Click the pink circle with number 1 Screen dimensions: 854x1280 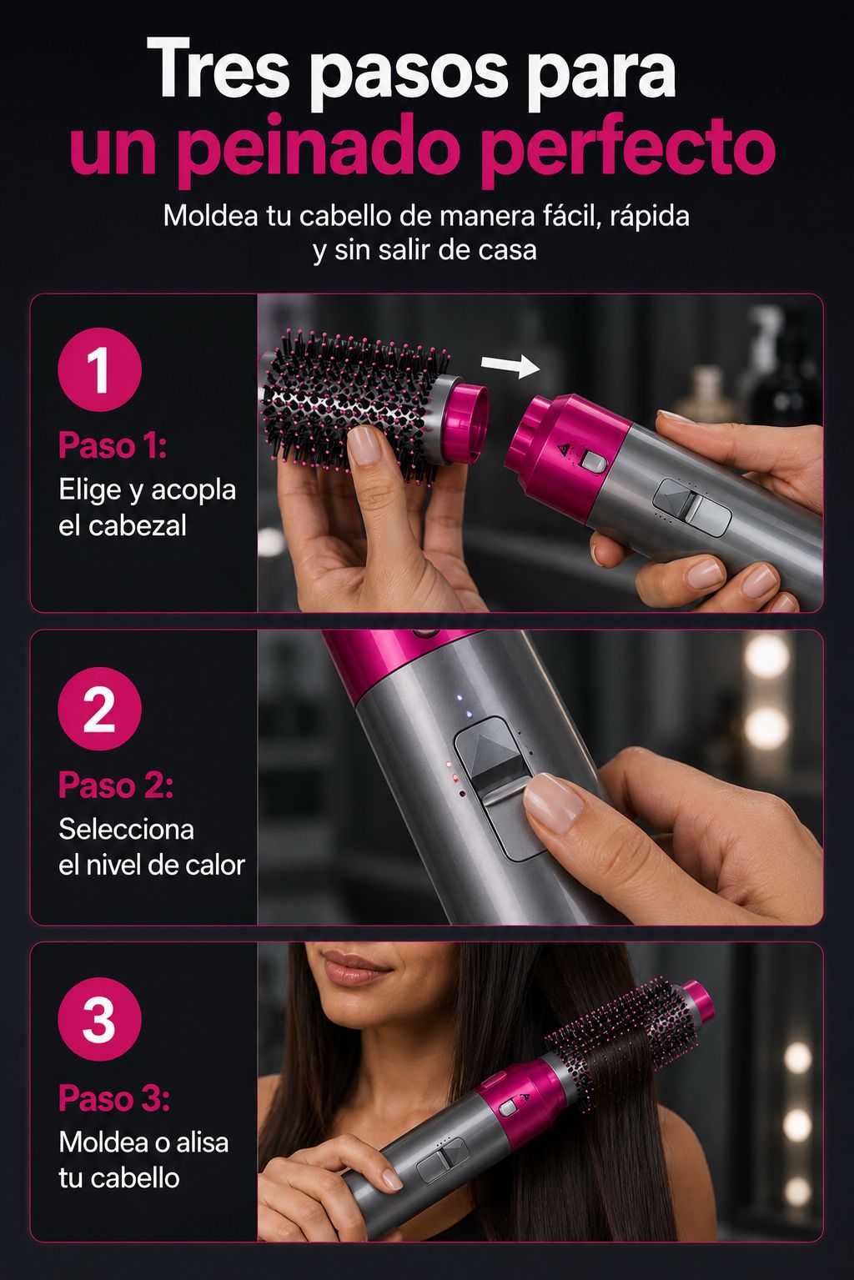click(99, 369)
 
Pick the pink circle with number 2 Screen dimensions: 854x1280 click(99, 709)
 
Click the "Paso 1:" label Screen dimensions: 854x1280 click(113, 445)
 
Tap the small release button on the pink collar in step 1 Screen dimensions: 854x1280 click(593, 461)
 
